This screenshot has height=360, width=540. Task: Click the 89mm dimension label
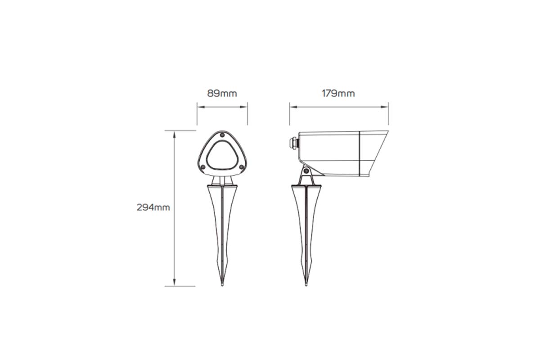point(222,94)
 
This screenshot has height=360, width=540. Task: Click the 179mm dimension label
point(338,94)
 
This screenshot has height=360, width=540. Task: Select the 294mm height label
point(153,207)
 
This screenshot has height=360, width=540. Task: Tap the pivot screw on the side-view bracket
point(306,171)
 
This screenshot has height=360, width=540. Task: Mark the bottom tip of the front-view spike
point(222,285)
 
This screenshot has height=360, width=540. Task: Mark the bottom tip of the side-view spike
point(306,285)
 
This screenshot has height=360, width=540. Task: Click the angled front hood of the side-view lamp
point(373,153)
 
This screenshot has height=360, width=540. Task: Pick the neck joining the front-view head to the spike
point(222,180)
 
